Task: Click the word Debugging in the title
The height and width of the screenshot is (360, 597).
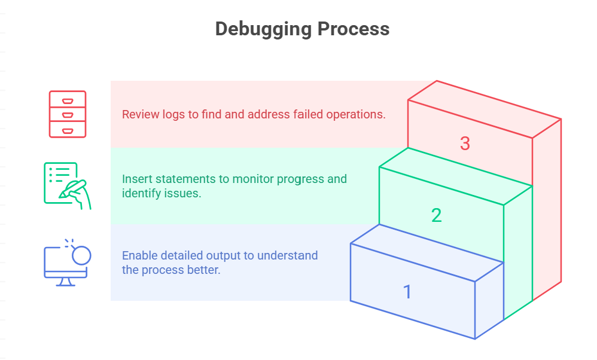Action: pyautogui.click(x=263, y=29)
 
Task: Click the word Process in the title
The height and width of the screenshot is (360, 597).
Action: pyautogui.click(x=354, y=29)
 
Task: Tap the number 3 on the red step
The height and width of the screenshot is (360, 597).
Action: pyautogui.click(x=465, y=144)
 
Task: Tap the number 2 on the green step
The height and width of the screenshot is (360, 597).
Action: pyautogui.click(x=436, y=215)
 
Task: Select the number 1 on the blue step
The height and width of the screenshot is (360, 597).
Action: pyautogui.click(x=407, y=292)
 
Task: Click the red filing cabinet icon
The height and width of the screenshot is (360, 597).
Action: pyautogui.click(x=68, y=114)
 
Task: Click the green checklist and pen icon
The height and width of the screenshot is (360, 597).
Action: pyautogui.click(x=68, y=186)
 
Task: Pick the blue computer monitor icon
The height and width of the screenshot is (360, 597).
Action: pyautogui.click(x=68, y=263)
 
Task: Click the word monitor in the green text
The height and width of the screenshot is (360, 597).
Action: pyautogui.click(x=253, y=179)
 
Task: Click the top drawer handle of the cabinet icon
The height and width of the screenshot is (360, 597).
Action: pyautogui.click(x=68, y=101)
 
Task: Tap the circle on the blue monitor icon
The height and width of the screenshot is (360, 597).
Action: pyautogui.click(x=81, y=255)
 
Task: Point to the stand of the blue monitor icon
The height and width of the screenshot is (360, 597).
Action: pyautogui.click(x=65, y=282)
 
